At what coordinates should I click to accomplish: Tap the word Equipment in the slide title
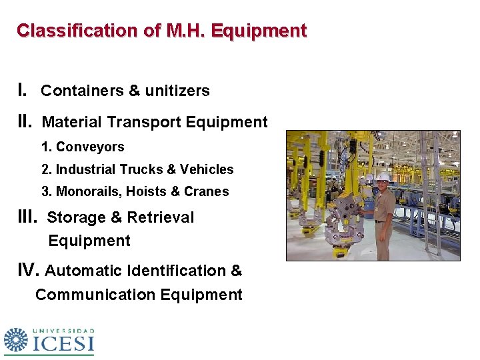tap(268, 31)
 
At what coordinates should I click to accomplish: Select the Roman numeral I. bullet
tap(22, 90)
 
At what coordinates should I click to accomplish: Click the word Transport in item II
tap(144, 123)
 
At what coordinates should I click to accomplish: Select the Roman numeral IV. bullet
tap(29, 270)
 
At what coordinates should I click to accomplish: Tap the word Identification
tap(168, 271)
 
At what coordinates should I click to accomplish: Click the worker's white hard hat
tap(383, 177)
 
